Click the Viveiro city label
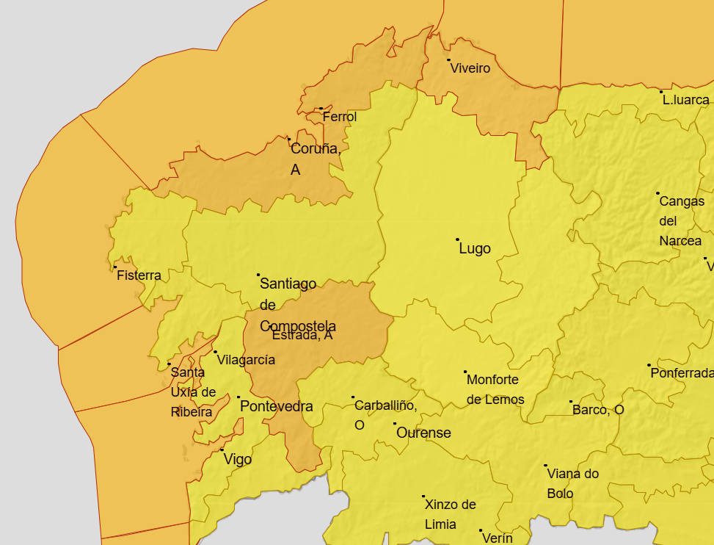470,68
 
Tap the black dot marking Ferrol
321,108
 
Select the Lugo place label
475,249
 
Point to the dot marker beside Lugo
458,239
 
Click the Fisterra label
139,276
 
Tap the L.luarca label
686,100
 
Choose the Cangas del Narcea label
682,220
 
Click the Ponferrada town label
682,373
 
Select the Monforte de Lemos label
495,390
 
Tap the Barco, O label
598,410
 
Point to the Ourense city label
423,433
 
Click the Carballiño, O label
385,415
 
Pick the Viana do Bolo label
572,483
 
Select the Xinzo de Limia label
451,514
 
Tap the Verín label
498,538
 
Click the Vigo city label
238,460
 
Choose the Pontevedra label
277,407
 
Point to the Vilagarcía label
246,360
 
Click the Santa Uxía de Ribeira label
193,392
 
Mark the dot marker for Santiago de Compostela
258,275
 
